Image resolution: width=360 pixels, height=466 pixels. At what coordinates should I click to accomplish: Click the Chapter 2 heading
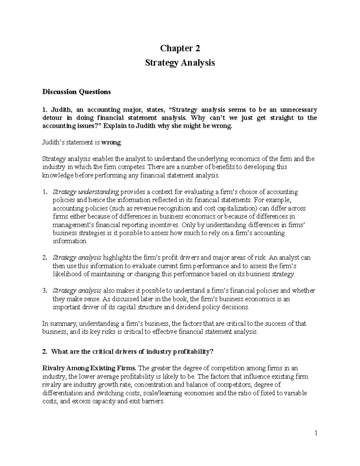coord(180,48)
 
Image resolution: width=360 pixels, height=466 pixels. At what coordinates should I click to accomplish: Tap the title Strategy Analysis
coord(180,63)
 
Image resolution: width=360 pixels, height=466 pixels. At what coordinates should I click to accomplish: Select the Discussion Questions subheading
coord(76,92)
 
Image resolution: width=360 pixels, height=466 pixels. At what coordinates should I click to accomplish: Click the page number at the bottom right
coord(316,433)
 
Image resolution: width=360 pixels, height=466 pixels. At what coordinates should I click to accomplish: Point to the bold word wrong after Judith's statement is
coord(111,143)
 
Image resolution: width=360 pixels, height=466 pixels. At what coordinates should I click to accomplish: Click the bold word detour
coord(52,118)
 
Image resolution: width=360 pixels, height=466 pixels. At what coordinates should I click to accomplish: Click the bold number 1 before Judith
coord(44,110)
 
